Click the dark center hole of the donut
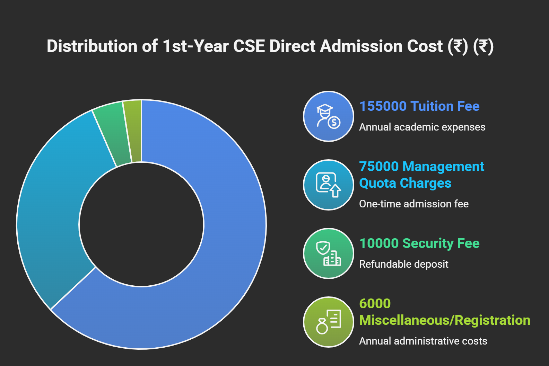(141, 224)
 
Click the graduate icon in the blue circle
(328, 116)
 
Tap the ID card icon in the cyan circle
(328, 185)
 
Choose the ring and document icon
(328, 322)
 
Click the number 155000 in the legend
(382, 106)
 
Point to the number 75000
(379, 167)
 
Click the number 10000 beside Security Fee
(379, 243)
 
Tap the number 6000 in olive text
(375, 304)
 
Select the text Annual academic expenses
(422, 127)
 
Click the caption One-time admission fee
(413, 204)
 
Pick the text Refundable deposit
(403, 264)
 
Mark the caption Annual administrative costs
(423, 341)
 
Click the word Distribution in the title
(92, 46)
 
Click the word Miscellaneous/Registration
(444, 320)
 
